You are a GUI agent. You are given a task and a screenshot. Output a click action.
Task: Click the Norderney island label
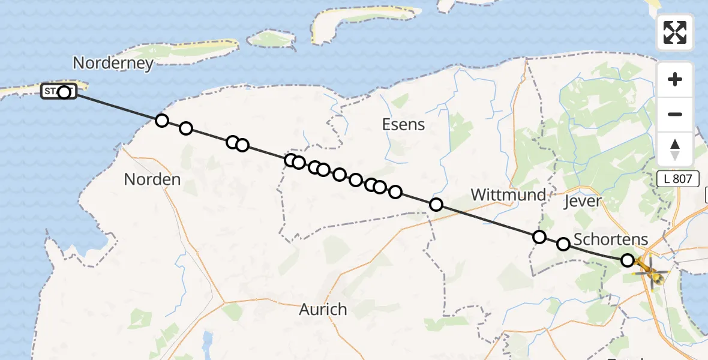[x=113, y=63]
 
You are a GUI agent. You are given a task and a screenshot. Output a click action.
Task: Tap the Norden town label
[x=152, y=179]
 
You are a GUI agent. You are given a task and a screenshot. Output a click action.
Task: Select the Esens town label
[x=403, y=125]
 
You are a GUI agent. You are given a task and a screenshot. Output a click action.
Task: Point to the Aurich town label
[x=323, y=310]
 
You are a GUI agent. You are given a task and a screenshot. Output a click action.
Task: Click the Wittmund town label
[x=508, y=194]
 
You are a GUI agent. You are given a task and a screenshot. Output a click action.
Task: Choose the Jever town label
[x=583, y=201]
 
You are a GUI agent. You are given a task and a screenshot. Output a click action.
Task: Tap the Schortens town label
[x=611, y=239]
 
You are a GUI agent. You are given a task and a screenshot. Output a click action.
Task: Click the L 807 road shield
[x=677, y=178]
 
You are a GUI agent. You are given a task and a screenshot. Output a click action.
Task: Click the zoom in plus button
[x=675, y=80]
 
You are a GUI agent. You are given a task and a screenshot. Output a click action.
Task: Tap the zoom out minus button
[x=675, y=114]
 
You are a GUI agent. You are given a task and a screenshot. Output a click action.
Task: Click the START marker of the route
[x=59, y=91]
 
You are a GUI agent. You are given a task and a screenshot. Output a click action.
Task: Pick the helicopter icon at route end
[x=650, y=270]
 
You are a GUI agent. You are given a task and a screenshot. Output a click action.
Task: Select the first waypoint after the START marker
[x=161, y=121]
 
